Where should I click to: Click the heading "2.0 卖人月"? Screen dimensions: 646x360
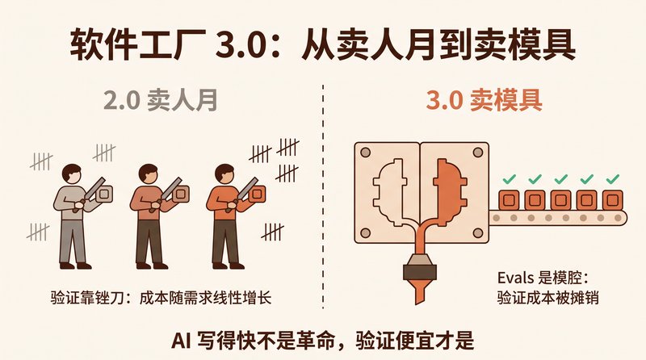160,100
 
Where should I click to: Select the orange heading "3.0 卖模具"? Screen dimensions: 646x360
484,100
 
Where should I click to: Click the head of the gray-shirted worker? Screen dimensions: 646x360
72,173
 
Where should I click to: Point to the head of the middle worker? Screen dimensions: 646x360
148,173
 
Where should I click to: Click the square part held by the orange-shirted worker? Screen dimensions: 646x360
258,194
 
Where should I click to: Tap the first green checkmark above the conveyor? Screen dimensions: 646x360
510,178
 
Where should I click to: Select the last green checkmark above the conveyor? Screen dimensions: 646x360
612,178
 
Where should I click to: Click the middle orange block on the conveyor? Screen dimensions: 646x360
560,200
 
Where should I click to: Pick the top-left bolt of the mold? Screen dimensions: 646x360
366,153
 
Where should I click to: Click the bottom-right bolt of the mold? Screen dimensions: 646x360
477,233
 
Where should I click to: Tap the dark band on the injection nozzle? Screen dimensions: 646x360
420,272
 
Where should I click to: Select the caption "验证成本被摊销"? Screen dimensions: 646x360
547,297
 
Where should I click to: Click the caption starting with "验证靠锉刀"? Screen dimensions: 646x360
161,297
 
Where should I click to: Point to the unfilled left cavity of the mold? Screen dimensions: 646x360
389,193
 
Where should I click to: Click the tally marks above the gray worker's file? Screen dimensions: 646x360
104,153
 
